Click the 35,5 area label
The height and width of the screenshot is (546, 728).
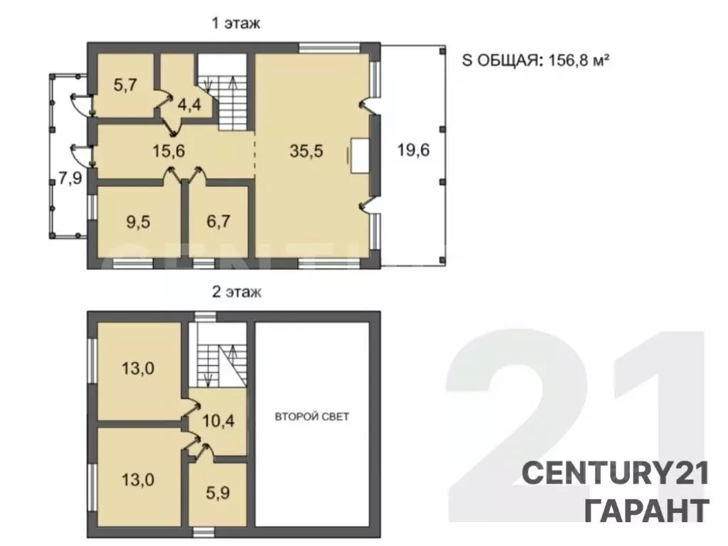[x=306, y=151]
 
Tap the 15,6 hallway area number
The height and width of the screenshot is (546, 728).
[x=169, y=151]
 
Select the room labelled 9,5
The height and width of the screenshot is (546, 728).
[x=138, y=222]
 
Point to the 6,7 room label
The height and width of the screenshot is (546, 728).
[x=218, y=222]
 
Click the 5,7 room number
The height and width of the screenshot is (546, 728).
[x=125, y=85]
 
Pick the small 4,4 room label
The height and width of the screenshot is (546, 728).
[x=189, y=105]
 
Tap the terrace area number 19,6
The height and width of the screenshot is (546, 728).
[x=413, y=150]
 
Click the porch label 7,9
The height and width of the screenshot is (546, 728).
[x=70, y=178]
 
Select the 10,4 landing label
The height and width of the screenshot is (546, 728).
[x=218, y=422]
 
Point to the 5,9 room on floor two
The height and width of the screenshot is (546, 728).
[x=218, y=493]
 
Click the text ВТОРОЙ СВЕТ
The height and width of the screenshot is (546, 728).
[x=312, y=417]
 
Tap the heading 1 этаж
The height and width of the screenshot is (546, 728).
[x=236, y=23]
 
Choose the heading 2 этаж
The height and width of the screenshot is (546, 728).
[x=236, y=292]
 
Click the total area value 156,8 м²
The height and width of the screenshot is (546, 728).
[x=579, y=60]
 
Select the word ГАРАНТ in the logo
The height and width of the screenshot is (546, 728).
[x=647, y=510]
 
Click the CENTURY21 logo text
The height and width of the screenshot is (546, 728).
[x=616, y=473]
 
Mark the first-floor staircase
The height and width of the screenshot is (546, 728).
[x=225, y=92]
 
